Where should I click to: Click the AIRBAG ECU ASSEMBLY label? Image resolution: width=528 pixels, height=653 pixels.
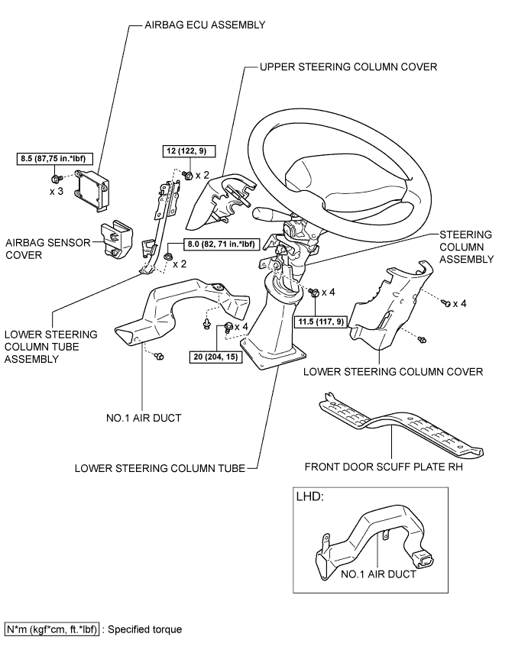[x=205, y=24]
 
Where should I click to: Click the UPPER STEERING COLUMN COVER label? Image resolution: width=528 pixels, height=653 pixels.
[x=348, y=67]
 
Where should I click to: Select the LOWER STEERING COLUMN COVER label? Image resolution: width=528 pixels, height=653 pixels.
[x=393, y=372]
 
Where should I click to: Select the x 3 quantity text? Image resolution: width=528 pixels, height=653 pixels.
[x=57, y=191]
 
